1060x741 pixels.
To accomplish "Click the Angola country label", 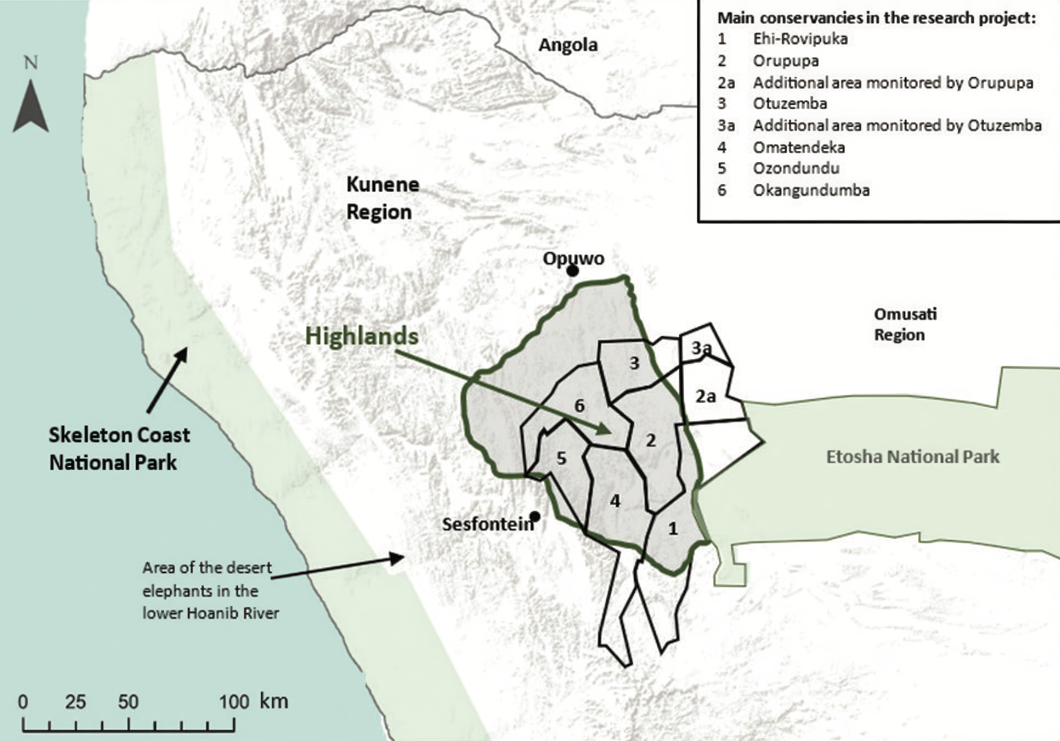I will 568,45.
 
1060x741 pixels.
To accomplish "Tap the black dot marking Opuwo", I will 572,271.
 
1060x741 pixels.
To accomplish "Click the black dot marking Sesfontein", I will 535,516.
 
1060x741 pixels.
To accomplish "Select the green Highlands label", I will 362,336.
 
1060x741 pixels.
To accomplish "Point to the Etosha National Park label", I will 912,457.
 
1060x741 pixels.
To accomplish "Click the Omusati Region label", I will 905,324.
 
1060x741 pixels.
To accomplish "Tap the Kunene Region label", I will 382,198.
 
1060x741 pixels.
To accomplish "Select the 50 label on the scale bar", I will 128,702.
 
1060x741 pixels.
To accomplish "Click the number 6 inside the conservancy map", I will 579,406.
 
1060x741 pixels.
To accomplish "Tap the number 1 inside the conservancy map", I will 673,528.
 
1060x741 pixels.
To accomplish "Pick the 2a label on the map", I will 705,396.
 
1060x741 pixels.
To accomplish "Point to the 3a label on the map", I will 701,348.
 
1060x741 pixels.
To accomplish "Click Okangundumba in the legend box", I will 811,190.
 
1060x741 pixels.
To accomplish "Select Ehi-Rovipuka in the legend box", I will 800,39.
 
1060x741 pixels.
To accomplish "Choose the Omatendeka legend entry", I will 799,147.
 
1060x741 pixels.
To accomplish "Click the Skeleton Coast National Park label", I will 119,449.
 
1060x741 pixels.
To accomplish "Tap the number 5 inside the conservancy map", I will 561,458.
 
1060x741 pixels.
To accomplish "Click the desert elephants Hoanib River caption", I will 210,590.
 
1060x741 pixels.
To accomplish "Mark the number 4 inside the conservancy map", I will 615,501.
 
